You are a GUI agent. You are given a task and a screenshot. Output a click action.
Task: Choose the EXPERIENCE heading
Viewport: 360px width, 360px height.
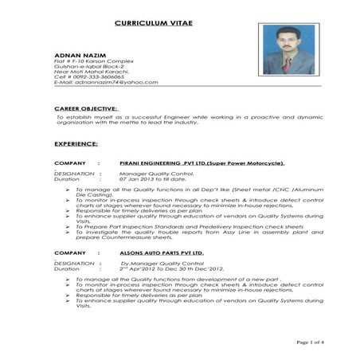(x=76, y=144)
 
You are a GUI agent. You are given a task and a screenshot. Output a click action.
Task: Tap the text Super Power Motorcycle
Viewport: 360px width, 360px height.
(x=247, y=162)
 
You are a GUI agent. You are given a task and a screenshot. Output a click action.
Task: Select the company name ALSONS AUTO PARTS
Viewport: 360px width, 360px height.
(x=162, y=252)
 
